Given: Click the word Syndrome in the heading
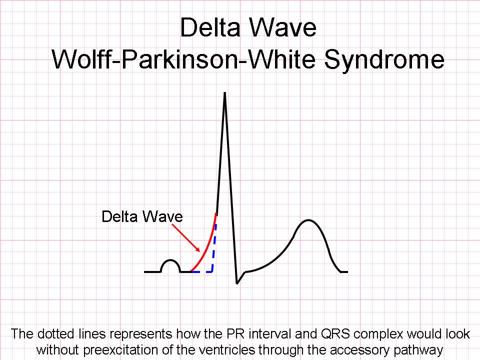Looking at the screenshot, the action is point(384,60).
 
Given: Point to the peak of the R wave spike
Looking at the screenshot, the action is point(225,93).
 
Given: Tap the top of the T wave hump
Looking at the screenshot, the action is point(308,220).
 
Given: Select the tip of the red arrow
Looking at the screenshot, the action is point(199,251).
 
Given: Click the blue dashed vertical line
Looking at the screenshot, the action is point(214,248).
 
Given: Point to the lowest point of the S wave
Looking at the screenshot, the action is point(237,283).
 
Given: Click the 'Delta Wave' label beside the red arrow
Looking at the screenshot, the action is point(142,216).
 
